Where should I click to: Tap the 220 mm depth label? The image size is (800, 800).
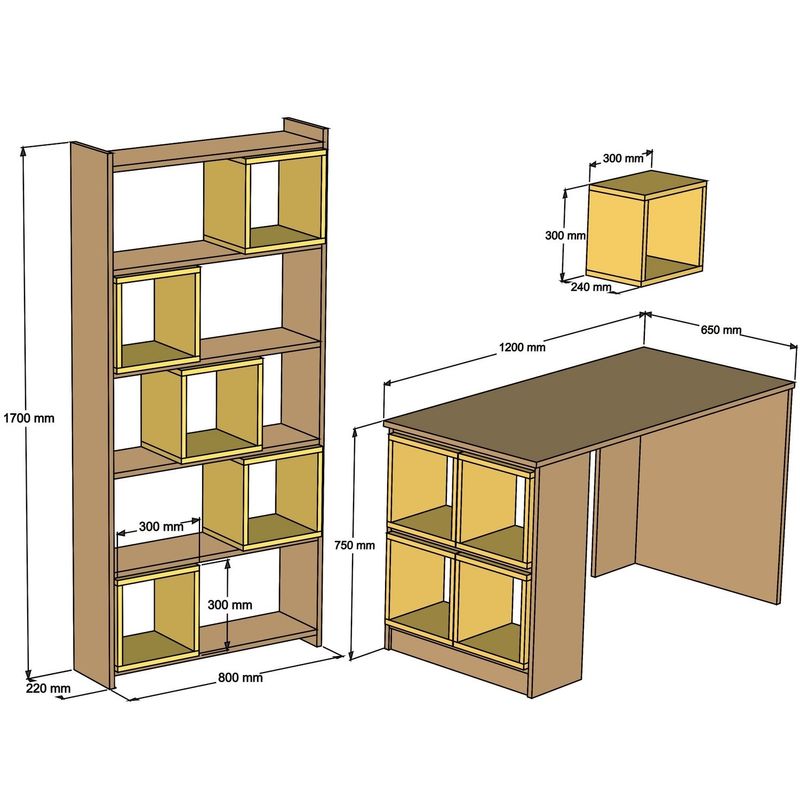[47, 688]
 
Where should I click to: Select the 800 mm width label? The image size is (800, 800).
[240, 677]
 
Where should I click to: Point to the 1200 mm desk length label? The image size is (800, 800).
[523, 348]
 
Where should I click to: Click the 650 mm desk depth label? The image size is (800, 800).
[720, 330]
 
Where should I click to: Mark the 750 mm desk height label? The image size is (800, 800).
[355, 545]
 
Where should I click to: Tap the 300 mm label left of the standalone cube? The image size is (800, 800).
[564, 236]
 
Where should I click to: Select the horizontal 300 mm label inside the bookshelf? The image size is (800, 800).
[161, 526]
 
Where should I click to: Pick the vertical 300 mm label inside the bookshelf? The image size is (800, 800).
[229, 605]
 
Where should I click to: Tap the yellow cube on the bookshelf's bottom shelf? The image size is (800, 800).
[157, 618]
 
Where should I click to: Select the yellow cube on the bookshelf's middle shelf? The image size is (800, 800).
[202, 411]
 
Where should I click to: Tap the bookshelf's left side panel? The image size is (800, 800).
[91, 410]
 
